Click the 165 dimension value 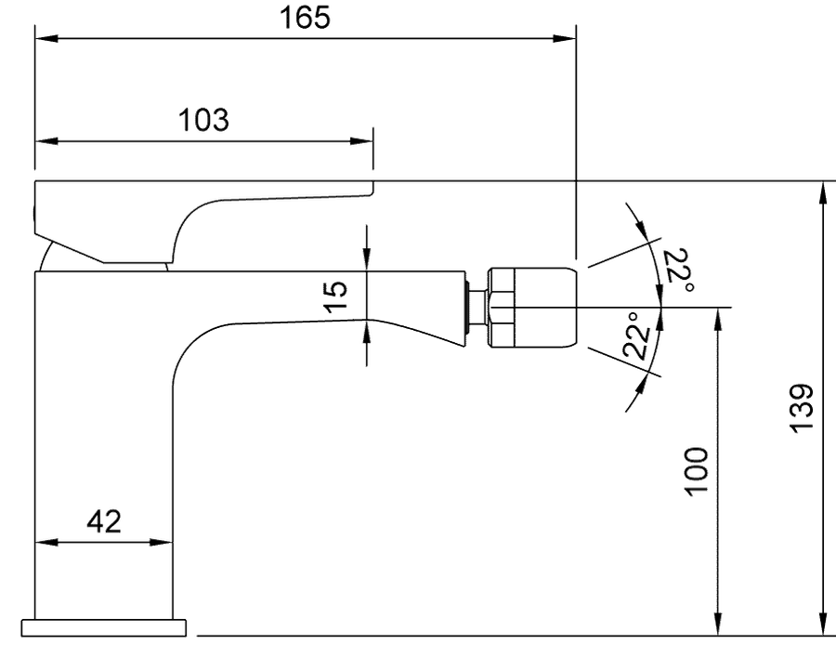tap(305, 18)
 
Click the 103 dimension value tap(203, 120)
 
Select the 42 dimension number tap(104, 521)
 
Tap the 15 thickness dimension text tap(336, 296)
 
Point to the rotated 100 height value tap(697, 472)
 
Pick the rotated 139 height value tap(801, 408)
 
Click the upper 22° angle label tap(679, 270)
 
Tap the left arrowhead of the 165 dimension tap(46, 38)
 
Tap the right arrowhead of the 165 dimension tap(565, 38)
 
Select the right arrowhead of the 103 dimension tap(361, 141)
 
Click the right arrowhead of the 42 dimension tap(161, 542)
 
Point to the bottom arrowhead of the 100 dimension tap(718, 625)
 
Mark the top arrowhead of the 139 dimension tap(824, 192)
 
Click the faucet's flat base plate tap(104, 628)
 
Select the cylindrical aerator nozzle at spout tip tap(532, 308)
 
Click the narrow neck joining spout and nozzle tap(477, 308)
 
